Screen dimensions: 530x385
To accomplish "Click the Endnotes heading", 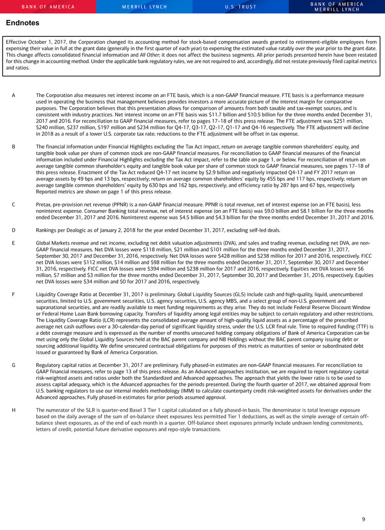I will pos(22,23).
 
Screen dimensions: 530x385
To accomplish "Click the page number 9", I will pos(363,519).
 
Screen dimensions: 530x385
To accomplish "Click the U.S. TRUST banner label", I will pos(241,7).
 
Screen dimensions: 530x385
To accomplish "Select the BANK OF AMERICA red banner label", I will pos(48,7).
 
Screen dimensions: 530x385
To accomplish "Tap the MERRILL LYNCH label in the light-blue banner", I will pos(144,7).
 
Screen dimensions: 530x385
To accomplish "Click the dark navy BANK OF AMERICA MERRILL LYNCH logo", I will pos(337,7).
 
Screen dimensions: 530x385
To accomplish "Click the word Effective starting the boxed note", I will pos(18,42).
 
